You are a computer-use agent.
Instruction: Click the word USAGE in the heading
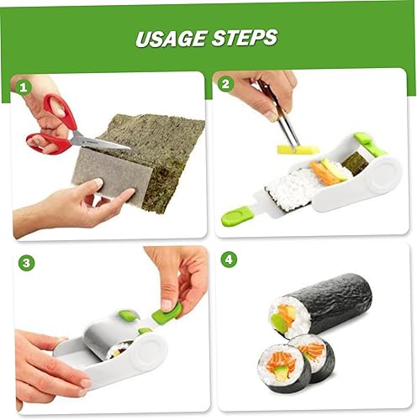point(171,39)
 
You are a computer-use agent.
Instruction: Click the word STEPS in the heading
point(245,37)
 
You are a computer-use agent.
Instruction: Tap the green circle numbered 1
point(23,87)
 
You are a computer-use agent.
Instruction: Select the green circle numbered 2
point(225,84)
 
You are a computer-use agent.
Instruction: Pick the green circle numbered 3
point(26,263)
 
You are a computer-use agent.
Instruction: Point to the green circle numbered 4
point(229,260)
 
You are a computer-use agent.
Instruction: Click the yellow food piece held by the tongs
point(298,150)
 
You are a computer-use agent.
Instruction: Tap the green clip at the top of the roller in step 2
point(366,140)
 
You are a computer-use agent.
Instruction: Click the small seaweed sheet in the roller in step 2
point(356,162)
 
